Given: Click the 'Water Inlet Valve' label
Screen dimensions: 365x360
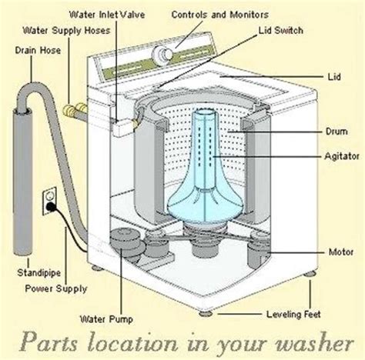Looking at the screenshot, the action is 107,15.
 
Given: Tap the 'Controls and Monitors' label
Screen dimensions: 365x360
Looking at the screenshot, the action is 220,15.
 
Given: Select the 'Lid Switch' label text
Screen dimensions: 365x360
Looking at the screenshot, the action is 281,31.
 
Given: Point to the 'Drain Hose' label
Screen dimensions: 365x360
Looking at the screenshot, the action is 38,50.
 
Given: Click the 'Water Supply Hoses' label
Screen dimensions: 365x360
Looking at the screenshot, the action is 66,31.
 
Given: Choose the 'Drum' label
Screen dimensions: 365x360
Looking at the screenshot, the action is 337,132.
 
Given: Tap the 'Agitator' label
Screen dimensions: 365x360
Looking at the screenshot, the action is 342,156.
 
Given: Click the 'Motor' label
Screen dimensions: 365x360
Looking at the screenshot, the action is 341,252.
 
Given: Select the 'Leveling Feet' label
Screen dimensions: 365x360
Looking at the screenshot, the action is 293,314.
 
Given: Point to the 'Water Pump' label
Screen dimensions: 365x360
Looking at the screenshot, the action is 106,319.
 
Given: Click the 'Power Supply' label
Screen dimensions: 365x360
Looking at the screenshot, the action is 56,289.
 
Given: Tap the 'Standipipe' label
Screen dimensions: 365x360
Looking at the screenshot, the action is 39,273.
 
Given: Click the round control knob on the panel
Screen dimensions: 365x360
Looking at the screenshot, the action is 162,55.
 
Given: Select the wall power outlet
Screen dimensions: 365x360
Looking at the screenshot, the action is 49,202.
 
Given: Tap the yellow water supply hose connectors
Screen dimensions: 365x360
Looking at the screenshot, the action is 74,110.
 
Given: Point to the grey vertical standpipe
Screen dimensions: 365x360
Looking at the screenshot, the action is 22,182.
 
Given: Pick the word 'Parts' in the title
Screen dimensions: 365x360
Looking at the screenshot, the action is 49,342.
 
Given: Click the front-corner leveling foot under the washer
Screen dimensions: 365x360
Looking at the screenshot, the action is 206,314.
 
